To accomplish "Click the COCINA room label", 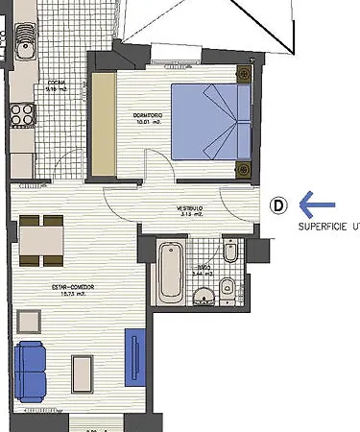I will click(x=56, y=83).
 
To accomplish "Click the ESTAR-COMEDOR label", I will click(x=74, y=286).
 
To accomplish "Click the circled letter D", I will click(x=277, y=204).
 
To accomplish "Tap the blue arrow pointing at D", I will click(x=317, y=204).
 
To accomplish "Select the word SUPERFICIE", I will click(x=322, y=228).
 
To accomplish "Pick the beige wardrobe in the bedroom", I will click(x=102, y=122).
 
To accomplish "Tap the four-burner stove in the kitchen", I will click(x=20, y=114).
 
